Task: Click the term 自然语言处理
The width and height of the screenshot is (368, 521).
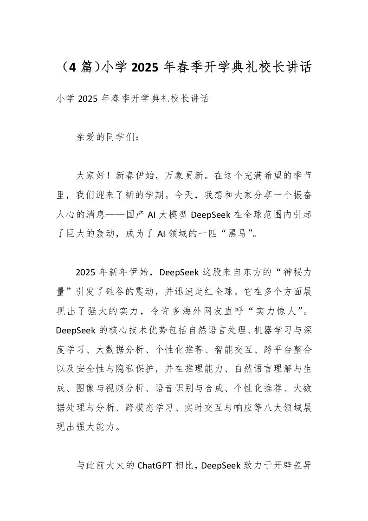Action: (x=221, y=329)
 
